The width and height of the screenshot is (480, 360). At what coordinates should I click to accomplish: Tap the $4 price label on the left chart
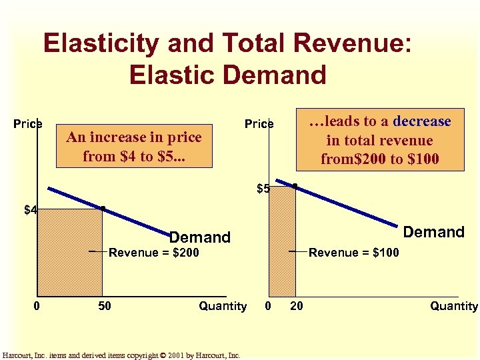(31, 211)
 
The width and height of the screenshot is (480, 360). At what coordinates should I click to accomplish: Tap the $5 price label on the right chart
(263, 189)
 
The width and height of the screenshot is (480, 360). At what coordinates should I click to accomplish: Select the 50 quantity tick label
(105, 306)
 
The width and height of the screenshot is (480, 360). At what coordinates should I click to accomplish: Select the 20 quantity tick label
(297, 306)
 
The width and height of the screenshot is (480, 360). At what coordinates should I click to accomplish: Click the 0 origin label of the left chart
(37, 306)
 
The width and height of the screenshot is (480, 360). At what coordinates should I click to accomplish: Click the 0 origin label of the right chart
(268, 306)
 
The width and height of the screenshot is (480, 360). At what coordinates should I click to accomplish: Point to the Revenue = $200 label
(153, 253)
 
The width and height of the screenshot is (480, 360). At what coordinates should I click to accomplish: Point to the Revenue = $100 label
(354, 253)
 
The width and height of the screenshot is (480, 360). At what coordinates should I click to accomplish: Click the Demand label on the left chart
(199, 237)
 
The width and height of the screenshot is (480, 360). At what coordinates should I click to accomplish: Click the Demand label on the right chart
(433, 232)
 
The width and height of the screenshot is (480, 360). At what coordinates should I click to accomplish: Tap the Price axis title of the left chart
(28, 124)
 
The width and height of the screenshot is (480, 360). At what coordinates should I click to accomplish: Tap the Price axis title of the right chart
(259, 124)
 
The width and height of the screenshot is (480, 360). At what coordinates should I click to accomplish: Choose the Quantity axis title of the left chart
(223, 306)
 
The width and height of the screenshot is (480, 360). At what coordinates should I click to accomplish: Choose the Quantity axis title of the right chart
(453, 306)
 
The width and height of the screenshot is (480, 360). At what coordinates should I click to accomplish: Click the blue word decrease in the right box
(422, 121)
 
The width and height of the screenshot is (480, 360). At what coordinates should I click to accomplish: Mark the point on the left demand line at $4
(102, 209)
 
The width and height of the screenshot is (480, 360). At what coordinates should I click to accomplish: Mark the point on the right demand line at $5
(295, 186)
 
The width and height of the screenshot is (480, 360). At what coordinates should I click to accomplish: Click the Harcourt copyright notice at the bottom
(121, 355)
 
